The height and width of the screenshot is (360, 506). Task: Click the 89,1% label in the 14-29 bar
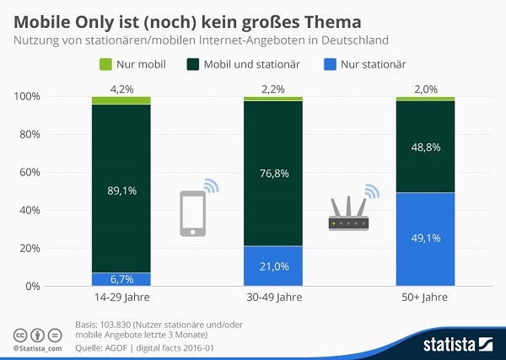coord(121,191)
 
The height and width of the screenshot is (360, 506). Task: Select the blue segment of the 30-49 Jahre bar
coord(272,266)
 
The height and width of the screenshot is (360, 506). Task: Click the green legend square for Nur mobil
coord(105,64)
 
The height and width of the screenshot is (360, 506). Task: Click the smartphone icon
coord(193,213)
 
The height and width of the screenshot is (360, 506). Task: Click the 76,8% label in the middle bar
coord(272,173)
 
